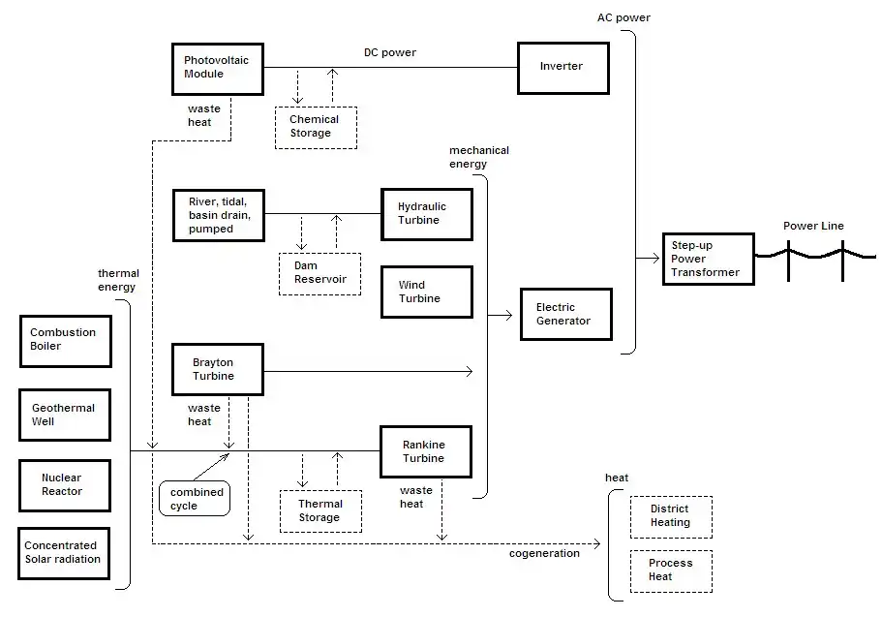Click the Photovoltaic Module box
pos(217,68)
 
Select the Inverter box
pos(563,67)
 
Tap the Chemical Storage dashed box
pos(316,127)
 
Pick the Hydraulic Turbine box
pos(426,214)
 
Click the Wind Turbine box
pos(426,292)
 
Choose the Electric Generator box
pos(565,314)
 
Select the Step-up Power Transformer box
pos(707,259)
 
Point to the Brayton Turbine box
pos(217,369)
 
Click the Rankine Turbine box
pos(424,451)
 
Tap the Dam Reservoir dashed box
pos(319,273)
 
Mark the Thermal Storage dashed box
pos(319,510)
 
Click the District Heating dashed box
pos(670,516)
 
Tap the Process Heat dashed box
pos(670,571)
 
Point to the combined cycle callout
pos(196,499)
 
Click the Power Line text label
pos(813,226)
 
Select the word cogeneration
pos(544,553)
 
